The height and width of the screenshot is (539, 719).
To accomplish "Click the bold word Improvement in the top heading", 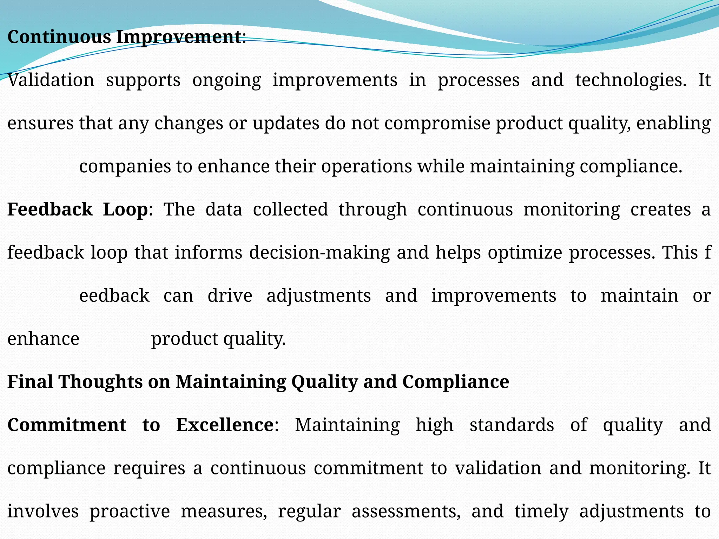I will (179, 37).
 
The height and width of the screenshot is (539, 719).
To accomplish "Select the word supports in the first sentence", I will (143, 81).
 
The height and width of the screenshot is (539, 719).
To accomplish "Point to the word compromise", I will (437, 123).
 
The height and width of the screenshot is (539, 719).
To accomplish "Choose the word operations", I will (367, 167).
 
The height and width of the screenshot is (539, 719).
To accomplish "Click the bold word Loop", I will (125, 209).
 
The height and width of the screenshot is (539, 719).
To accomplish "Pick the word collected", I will (290, 209).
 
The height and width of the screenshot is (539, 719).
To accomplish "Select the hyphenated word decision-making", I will (319, 253).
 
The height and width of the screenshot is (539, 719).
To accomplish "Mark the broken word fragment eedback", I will (114, 296).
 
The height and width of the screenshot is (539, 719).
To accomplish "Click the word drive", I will (230, 296).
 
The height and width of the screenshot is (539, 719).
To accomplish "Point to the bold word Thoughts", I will (101, 382).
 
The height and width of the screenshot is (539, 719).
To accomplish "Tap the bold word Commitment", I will (67, 425).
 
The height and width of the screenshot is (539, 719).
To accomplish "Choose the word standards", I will (512, 425).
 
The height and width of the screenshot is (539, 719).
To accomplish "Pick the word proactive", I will (130, 511).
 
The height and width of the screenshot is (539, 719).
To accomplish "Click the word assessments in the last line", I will (406, 511).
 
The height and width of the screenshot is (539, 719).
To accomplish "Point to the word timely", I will (541, 511).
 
